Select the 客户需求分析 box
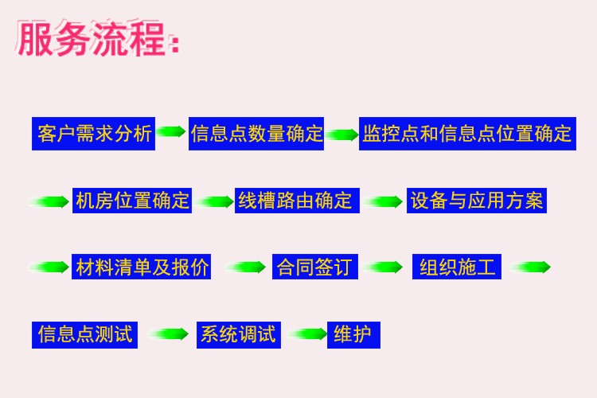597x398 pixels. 93,134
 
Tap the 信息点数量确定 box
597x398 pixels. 256,134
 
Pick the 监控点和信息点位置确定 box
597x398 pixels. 467,134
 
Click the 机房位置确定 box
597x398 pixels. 131,201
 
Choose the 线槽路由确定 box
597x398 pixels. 297,201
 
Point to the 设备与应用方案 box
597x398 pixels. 477,201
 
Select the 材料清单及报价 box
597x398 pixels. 141,267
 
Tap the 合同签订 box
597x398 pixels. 315,267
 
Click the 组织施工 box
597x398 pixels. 457,267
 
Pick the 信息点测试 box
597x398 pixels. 84,335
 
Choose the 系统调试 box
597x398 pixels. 239,335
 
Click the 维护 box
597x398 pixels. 353,335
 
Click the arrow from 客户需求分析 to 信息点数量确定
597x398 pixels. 171,131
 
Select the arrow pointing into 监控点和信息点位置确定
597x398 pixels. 342,135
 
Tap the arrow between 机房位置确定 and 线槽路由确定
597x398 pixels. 214,201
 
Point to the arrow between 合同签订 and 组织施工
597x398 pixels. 383,267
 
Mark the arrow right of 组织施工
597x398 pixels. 530,267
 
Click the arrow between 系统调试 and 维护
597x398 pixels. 307,334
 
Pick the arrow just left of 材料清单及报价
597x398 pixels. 49,267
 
